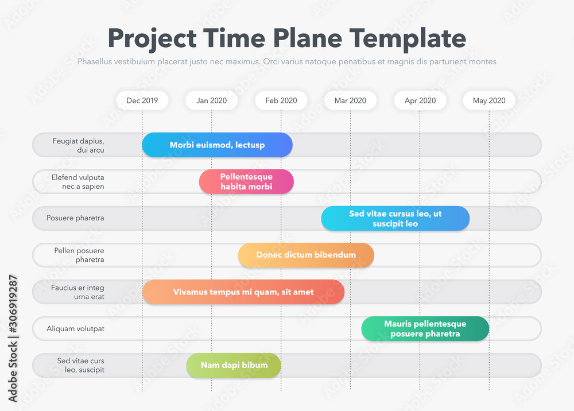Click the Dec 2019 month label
tap(142, 100)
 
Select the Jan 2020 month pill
tap(212, 100)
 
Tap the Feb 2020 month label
tap(281, 100)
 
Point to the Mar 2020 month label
tap(350, 100)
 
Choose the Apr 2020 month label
tap(420, 100)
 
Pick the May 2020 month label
tap(489, 100)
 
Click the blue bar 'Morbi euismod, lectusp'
tap(218, 145)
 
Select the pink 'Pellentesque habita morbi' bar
tap(246, 181)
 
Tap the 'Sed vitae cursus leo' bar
tap(395, 219)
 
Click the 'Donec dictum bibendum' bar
tap(306, 255)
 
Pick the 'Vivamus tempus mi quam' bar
tap(243, 292)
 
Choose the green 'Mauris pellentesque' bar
tap(425, 329)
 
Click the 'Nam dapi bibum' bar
tap(234, 365)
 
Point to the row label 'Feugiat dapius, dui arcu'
tap(78, 145)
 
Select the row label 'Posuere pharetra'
tap(75, 218)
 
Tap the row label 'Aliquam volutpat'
tap(75, 329)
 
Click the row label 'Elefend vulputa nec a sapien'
tap(78, 182)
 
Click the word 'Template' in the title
tap(408, 38)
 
